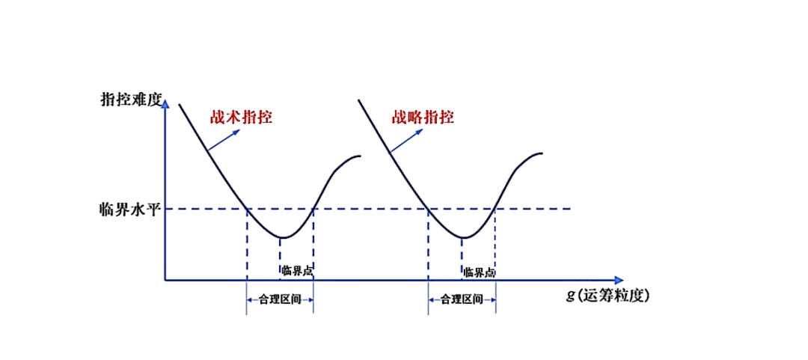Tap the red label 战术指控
[241, 118]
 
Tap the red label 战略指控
[423, 118]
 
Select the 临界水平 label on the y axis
[130, 210]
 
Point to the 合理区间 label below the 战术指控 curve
[280, 299]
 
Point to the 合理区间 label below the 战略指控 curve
[462, 299]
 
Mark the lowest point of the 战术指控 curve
[281, 237]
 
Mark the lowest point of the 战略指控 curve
[463, 237]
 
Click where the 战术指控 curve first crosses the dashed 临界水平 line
[247, 209]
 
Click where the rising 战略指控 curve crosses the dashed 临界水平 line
[495, 209]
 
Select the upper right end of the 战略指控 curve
[542, 153]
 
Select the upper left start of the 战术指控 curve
[180, 104]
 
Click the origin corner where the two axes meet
[165, 280]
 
